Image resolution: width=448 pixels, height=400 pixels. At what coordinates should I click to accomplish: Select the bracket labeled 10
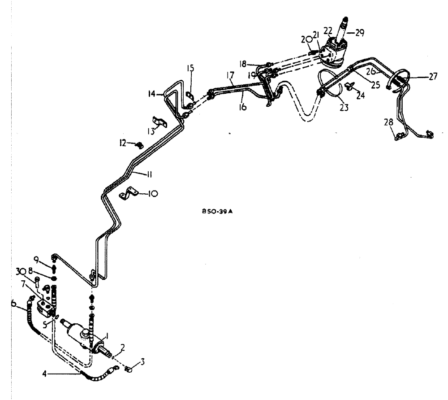(127, 194)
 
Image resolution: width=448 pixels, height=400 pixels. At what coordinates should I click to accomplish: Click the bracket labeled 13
(158, 122)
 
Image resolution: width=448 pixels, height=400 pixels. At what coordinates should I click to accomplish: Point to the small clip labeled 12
(139, 144)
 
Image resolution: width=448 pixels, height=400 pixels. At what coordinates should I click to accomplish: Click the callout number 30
(32, 271)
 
